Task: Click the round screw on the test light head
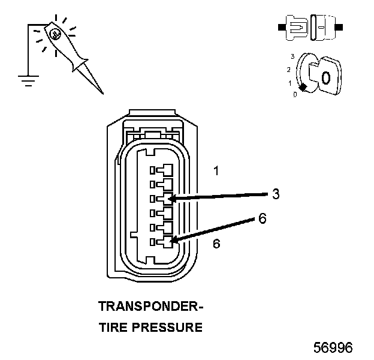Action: click(x=55, y=34)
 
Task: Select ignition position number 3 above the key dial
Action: click(x=292, y=56)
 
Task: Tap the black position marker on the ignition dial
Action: click(x=303, y=88)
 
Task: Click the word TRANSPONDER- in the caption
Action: click(x=150, y=307)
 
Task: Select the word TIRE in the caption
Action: click(x=112, y=328)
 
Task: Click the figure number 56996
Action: click(x=333, y=348)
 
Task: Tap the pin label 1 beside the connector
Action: click(x=216, y=171)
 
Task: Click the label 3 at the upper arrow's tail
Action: click(x=275, y=194)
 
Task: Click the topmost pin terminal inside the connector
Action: click(x=161, y=170)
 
